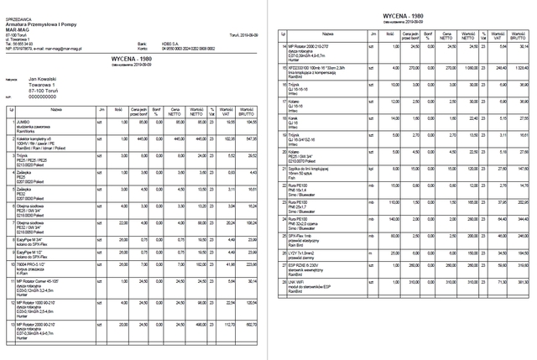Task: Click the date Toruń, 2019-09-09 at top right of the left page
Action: click(232, 34)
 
